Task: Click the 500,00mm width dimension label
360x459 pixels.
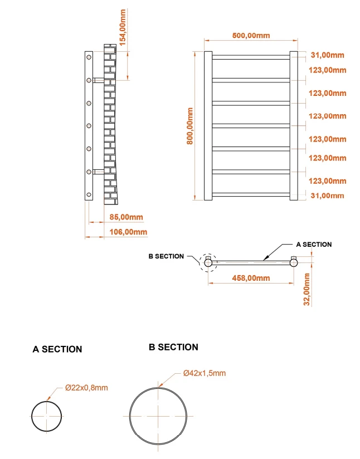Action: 251,36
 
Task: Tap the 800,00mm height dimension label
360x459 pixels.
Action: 190,126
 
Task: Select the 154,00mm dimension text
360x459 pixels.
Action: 123,27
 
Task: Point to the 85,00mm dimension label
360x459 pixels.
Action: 127,217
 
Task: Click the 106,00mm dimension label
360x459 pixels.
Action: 128,232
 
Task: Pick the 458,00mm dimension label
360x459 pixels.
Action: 251,278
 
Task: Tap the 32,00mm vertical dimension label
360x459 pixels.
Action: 307,289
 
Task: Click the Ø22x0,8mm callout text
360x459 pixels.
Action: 87,388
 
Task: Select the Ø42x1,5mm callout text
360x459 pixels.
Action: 205,373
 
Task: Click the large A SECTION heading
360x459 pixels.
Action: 57,349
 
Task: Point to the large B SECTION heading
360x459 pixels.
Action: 173,347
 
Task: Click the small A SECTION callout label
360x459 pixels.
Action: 314,245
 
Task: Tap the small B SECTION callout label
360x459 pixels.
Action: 166,256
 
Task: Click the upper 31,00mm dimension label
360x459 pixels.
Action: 328,55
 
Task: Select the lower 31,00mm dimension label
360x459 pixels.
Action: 328,196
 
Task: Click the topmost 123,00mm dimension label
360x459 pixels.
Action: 328,70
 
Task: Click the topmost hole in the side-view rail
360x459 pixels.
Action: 89,57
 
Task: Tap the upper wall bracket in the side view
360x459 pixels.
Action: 99,80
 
